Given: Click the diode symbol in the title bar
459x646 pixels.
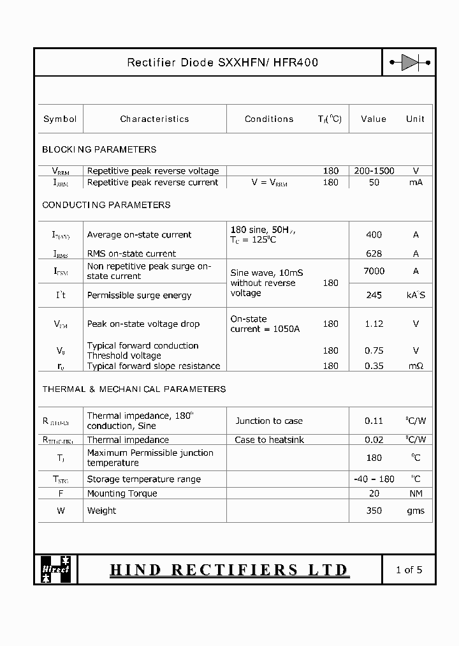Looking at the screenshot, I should coord(410,63).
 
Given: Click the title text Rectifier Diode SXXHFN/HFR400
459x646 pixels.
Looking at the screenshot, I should coord(222,63).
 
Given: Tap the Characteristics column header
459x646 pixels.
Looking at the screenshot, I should coord(154,119).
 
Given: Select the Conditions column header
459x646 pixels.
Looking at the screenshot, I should coord(269,119).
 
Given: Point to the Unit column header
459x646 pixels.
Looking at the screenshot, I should coord(415,119).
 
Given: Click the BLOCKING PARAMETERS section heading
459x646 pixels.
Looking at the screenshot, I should coord(99,149).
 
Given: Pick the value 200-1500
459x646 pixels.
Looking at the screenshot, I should coord(374,170).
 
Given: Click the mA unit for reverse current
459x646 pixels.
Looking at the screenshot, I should coord(416,183).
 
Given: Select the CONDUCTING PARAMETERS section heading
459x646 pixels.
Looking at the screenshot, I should coord(106,205).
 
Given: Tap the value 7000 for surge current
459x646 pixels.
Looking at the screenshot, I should coord(374,271).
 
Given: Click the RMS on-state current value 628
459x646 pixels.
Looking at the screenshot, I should coord(374,253).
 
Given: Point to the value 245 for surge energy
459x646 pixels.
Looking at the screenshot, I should coord(374,295).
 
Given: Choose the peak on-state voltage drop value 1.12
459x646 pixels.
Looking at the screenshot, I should coord(374,324).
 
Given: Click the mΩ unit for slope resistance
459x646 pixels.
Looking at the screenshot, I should coord(416,366).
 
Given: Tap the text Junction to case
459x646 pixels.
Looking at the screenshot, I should coord(269,421).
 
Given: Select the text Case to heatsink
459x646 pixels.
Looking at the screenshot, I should coord(269,440).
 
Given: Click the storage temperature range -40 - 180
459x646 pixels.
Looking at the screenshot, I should coord(374,479).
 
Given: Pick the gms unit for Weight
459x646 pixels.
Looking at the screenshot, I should coord(416,511).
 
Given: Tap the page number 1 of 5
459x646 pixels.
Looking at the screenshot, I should coord(409,569).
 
